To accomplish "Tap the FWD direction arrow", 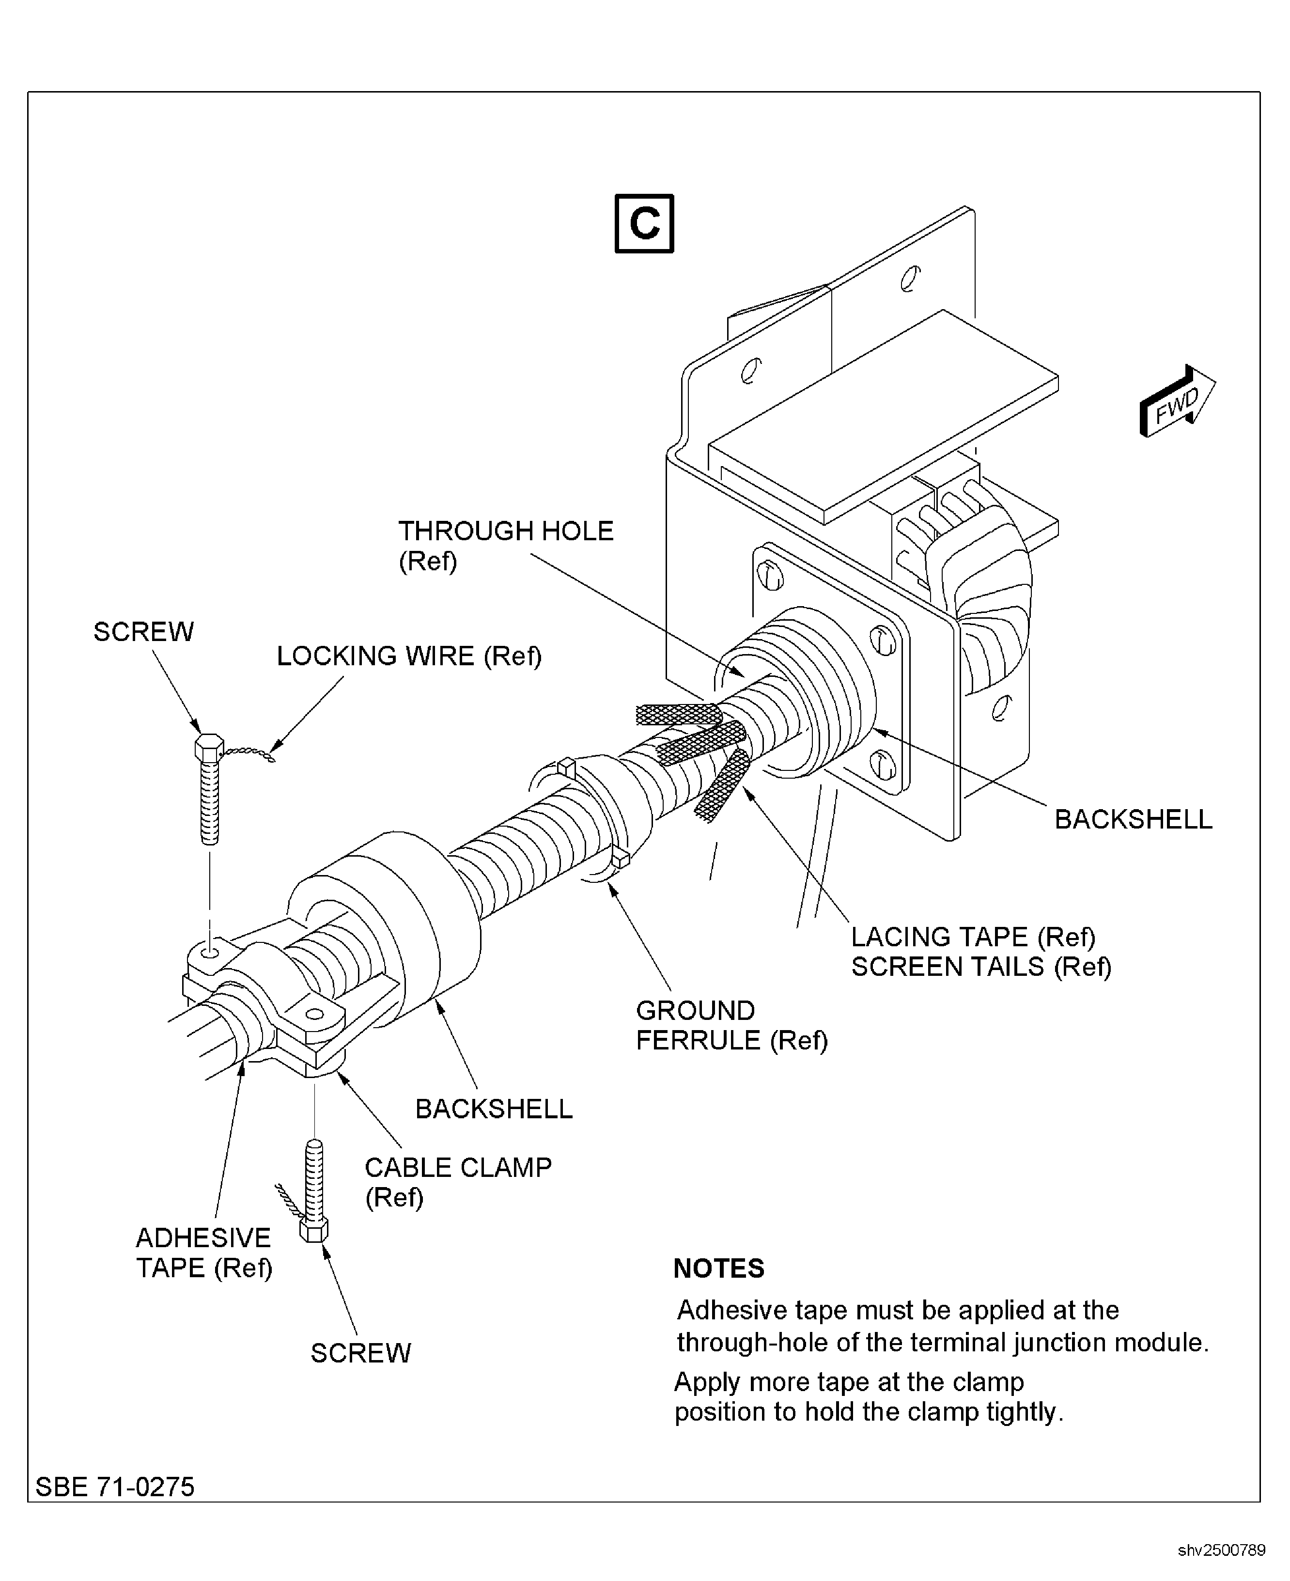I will [x=1176, y=402].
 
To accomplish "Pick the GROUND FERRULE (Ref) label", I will [x=731, y=1025].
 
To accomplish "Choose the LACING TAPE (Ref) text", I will [x=973, y=937].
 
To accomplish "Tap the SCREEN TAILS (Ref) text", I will [x=981, y=967].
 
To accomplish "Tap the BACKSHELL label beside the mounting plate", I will [x=1133, y=819].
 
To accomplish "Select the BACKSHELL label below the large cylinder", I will [x=494, y=1109].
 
